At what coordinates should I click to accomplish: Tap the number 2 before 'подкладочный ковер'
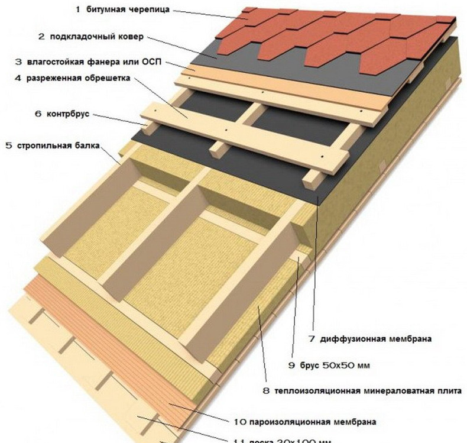[x=41, y=37]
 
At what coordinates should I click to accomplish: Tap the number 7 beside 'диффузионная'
[x=313, y=339]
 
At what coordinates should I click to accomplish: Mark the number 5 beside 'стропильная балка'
[x=8, y=144]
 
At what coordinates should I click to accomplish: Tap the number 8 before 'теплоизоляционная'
[x=267, y=391]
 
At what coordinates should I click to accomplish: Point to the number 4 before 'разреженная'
[x=18, y=77]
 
